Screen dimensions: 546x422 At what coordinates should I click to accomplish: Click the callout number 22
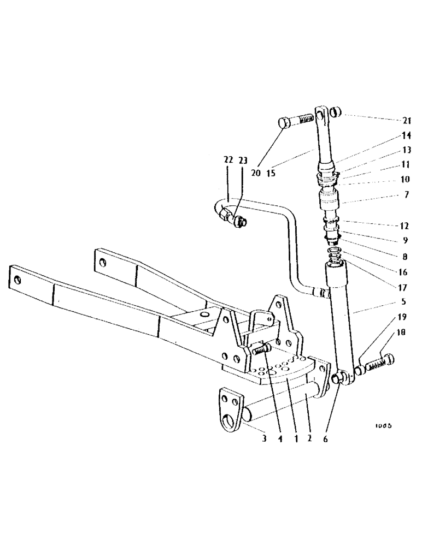click(x=228, y=161)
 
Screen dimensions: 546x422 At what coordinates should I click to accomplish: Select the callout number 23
click(x=243, y=161)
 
